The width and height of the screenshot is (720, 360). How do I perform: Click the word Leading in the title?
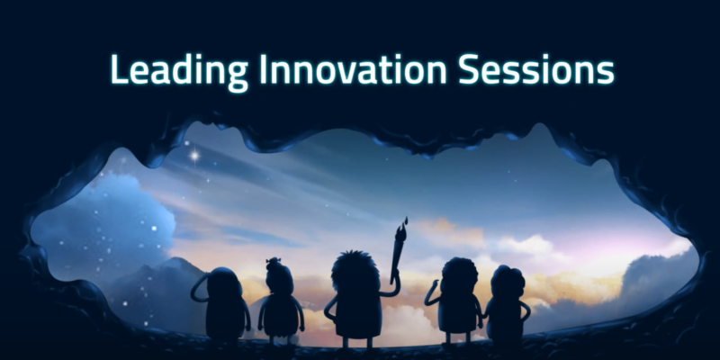pyautogui.click(x=166, y=69)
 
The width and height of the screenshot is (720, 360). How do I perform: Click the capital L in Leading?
pyautogui.click(x=115, y=69)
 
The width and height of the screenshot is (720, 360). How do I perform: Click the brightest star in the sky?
pyautogui.click(x=193, y=155)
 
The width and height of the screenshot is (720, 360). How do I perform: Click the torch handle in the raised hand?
pyautogui.click(x=396, y=256)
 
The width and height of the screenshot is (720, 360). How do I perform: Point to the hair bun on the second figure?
pyautogui.click(x=274, y=264)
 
